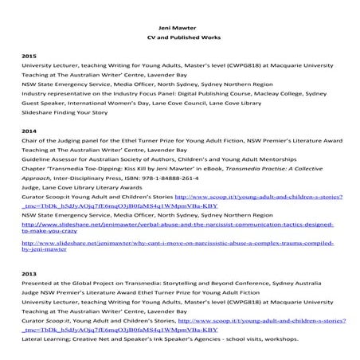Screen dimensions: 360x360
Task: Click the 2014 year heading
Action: [x=29, y=130]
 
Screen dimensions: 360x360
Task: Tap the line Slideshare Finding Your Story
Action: [x=69, y=114]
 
